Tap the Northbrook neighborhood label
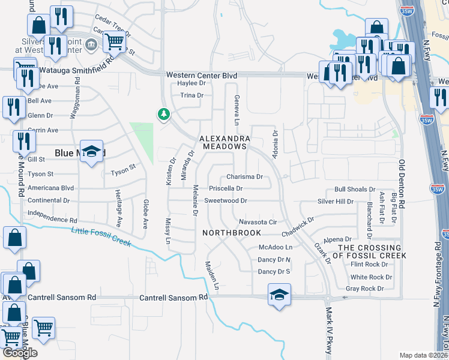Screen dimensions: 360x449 coord(231,232)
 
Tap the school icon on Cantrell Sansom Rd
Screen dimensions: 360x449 coord(279,295)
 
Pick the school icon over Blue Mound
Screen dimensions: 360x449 coord(91,152)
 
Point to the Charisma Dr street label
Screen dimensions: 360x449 coord(244,177)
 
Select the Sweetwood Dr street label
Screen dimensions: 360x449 coord(226,200)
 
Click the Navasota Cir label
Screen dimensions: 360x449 coord(258,222)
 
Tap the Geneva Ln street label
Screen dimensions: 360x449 coord(237,106)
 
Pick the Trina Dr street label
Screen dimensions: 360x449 coord(192,95)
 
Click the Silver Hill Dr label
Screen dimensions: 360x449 coord(352,202)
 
